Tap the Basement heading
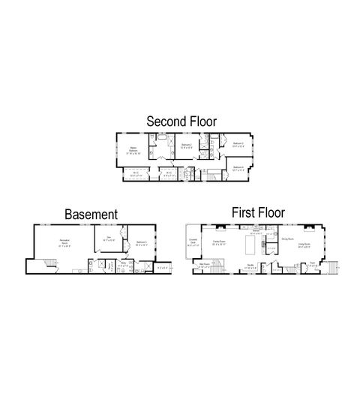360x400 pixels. coord(91,215)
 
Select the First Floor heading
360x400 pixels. coord(254,212)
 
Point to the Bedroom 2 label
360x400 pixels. coord(185,145)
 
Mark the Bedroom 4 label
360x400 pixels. coord(238,168)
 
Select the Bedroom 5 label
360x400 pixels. coord(140,242)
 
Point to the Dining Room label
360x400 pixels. coord(286,239)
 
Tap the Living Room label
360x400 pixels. coord(304,244)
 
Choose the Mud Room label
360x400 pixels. coord(204,264)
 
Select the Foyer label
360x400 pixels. coord(312,263)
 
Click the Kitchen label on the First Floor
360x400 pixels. coord(256,232)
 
